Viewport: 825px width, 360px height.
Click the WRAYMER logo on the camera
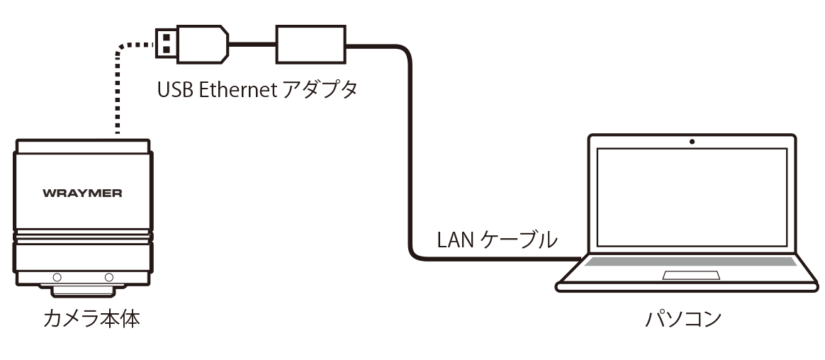click(x=82, y=193)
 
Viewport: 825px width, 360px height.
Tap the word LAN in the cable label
click(x=453, y=240)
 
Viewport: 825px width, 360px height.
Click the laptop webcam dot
click(x=691, y=142)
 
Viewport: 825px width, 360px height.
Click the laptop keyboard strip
click(x=691, y=261)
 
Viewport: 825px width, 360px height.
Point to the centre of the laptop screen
click(x=691, y=198)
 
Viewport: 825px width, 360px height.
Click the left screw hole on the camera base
click(x=57, y=277)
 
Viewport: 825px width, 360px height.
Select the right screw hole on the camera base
click(x=109, y=277)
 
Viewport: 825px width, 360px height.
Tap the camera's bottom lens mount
click(x=82, y=289)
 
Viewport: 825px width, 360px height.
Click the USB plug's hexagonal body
click(x=202, y=42)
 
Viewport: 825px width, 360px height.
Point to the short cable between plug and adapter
click(x=252, y=44)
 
